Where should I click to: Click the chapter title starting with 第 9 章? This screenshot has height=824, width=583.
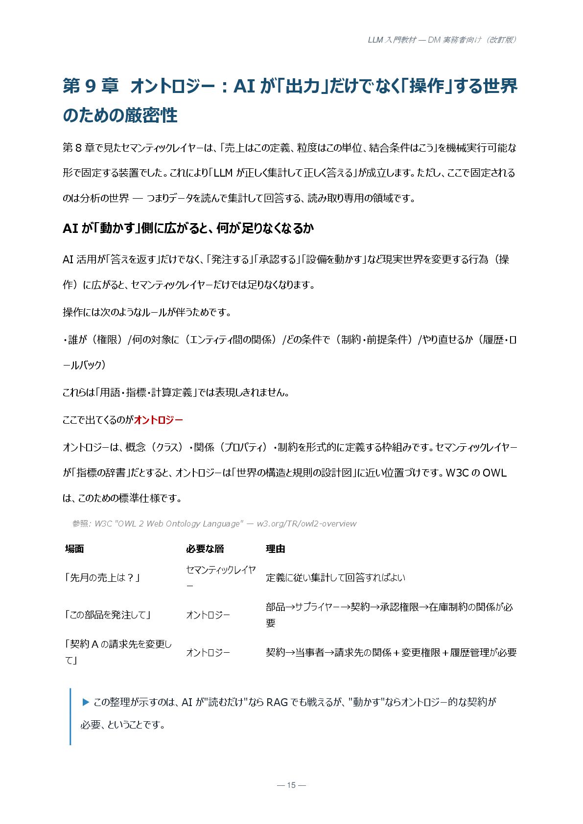coord(290,100)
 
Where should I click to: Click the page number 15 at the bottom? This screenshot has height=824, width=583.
coord(291,785)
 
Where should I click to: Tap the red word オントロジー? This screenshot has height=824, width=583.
coord(158,420)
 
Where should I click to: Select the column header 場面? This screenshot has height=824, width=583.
coord(74,549)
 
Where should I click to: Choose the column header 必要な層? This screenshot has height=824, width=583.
coord(205,549)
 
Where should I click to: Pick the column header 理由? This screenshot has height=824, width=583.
coord(275,549)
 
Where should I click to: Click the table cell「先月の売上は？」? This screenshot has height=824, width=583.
coord(103,577)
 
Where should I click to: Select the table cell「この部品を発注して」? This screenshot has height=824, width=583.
coord(108,615)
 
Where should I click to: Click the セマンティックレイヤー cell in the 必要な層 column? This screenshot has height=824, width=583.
coord(220,577)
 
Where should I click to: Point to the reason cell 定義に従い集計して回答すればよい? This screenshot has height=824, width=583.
coord(335,577)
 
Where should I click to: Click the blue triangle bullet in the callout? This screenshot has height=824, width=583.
coord(86,702)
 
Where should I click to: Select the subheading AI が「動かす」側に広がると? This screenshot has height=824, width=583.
coord(188,228)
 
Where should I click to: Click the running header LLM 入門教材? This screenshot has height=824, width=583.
coord(442,40)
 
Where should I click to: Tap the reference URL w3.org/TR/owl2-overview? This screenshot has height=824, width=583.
coord(306,524)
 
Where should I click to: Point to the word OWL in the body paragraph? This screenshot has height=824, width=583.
coord(494,473)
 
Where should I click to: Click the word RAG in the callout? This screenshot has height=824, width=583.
coord(277,702)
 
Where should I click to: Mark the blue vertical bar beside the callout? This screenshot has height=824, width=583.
coord(70,716)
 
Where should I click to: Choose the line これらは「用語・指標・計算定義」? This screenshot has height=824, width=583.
coord(176,392)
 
